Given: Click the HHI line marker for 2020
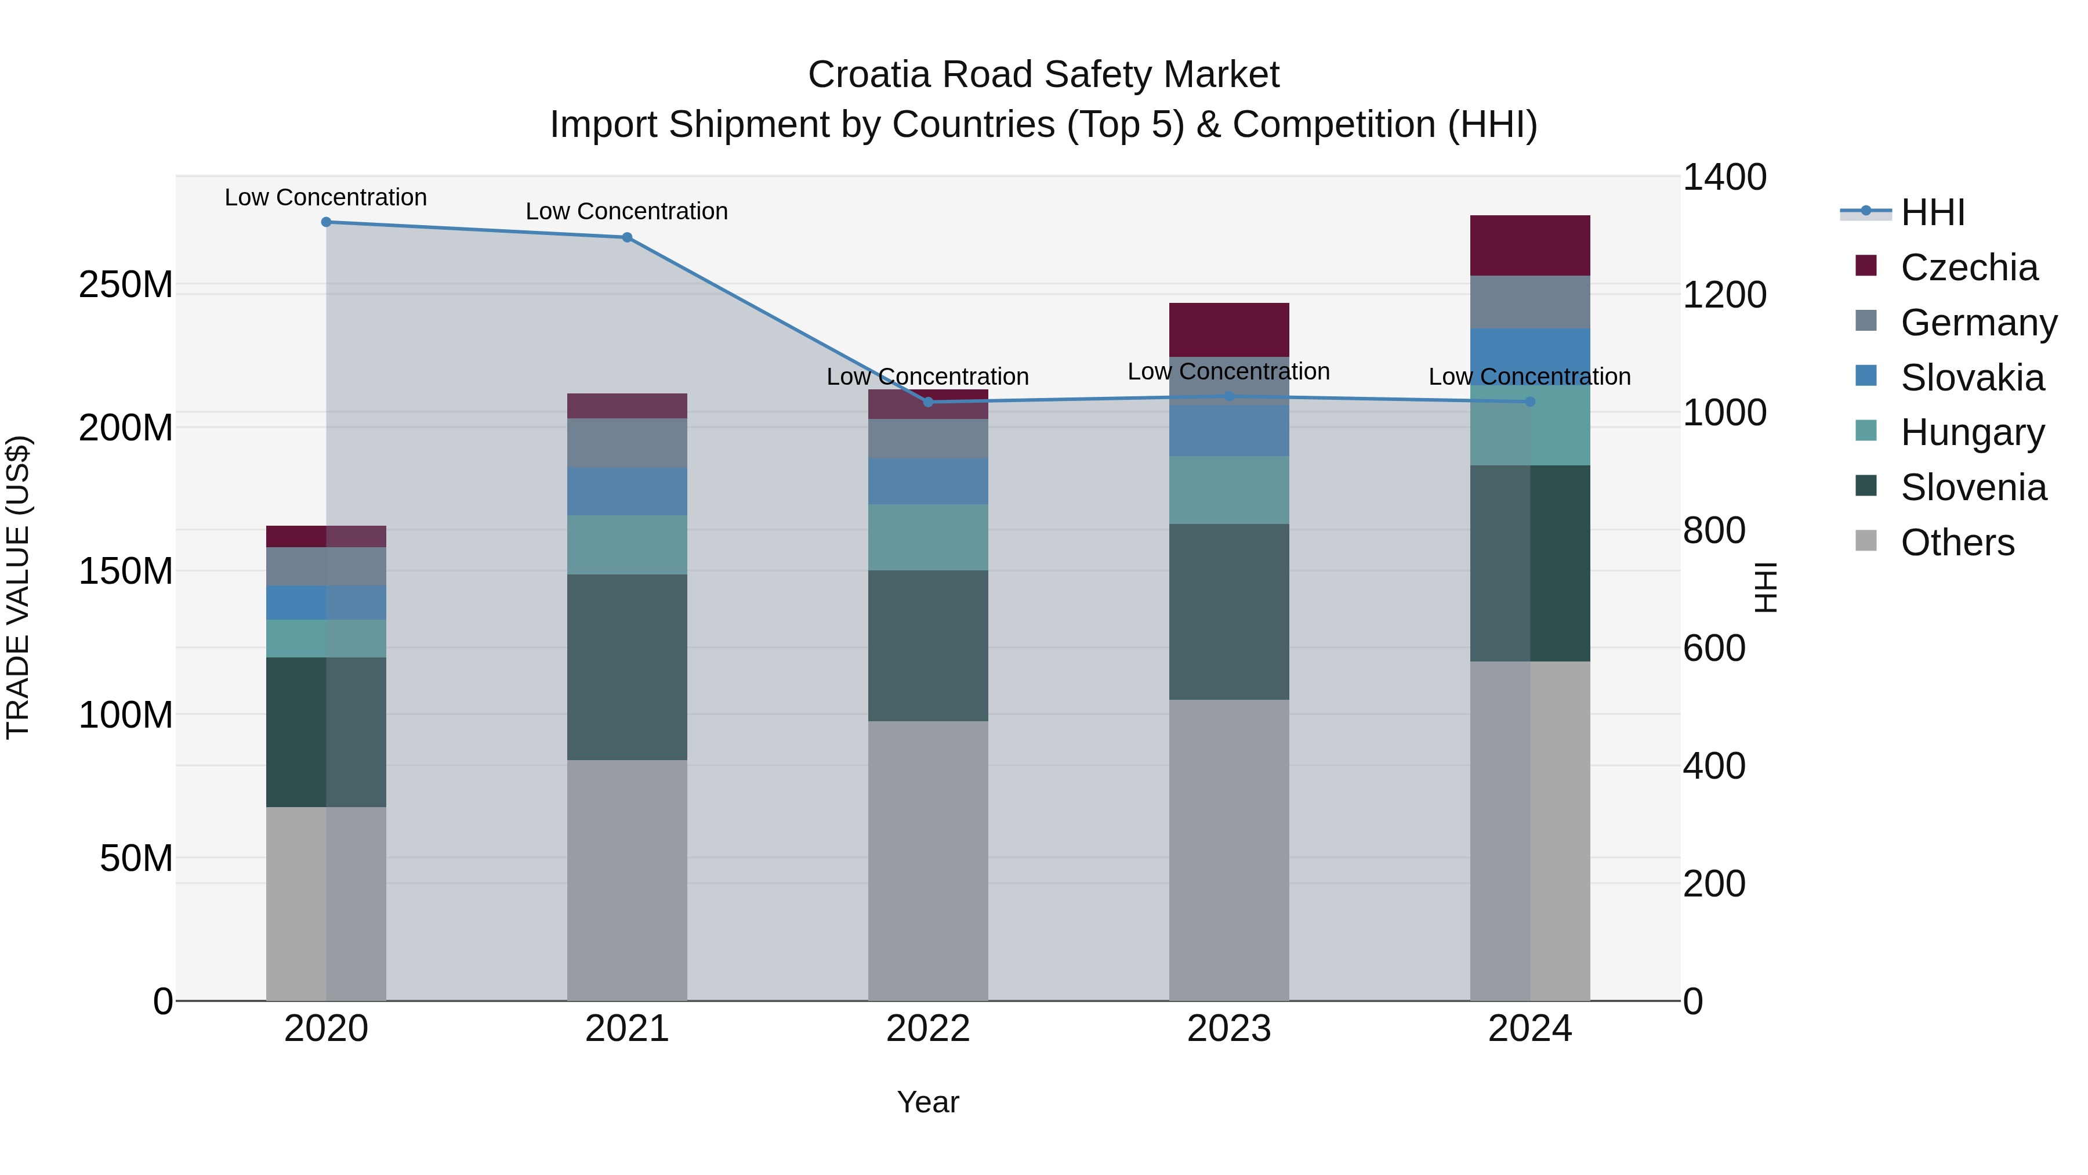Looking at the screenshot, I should tap(326, 222).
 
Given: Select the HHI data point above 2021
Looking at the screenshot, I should tap(626, 237).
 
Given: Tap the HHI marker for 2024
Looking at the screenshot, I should tap(1529, 402).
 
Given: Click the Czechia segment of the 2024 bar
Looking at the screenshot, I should tap(1529, 245).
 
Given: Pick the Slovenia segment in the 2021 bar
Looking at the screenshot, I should tap(626, 667).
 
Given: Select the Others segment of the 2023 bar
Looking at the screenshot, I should tap(1229, 850).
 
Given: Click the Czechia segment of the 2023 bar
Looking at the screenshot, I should tap(1229, 329).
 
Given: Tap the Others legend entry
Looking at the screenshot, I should tap(1957, 543).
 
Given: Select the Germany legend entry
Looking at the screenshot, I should tap(1978, 323).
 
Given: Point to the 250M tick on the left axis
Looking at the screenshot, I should tap(126, 285).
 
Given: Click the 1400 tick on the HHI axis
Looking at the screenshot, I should tap(1724, 178).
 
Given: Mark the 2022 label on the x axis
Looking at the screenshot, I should tap(927, 1029).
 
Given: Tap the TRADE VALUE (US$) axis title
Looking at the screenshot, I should tap(18, 587).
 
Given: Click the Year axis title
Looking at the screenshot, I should tap(927, 1102).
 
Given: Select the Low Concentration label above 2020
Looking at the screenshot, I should tap(326, 197).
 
